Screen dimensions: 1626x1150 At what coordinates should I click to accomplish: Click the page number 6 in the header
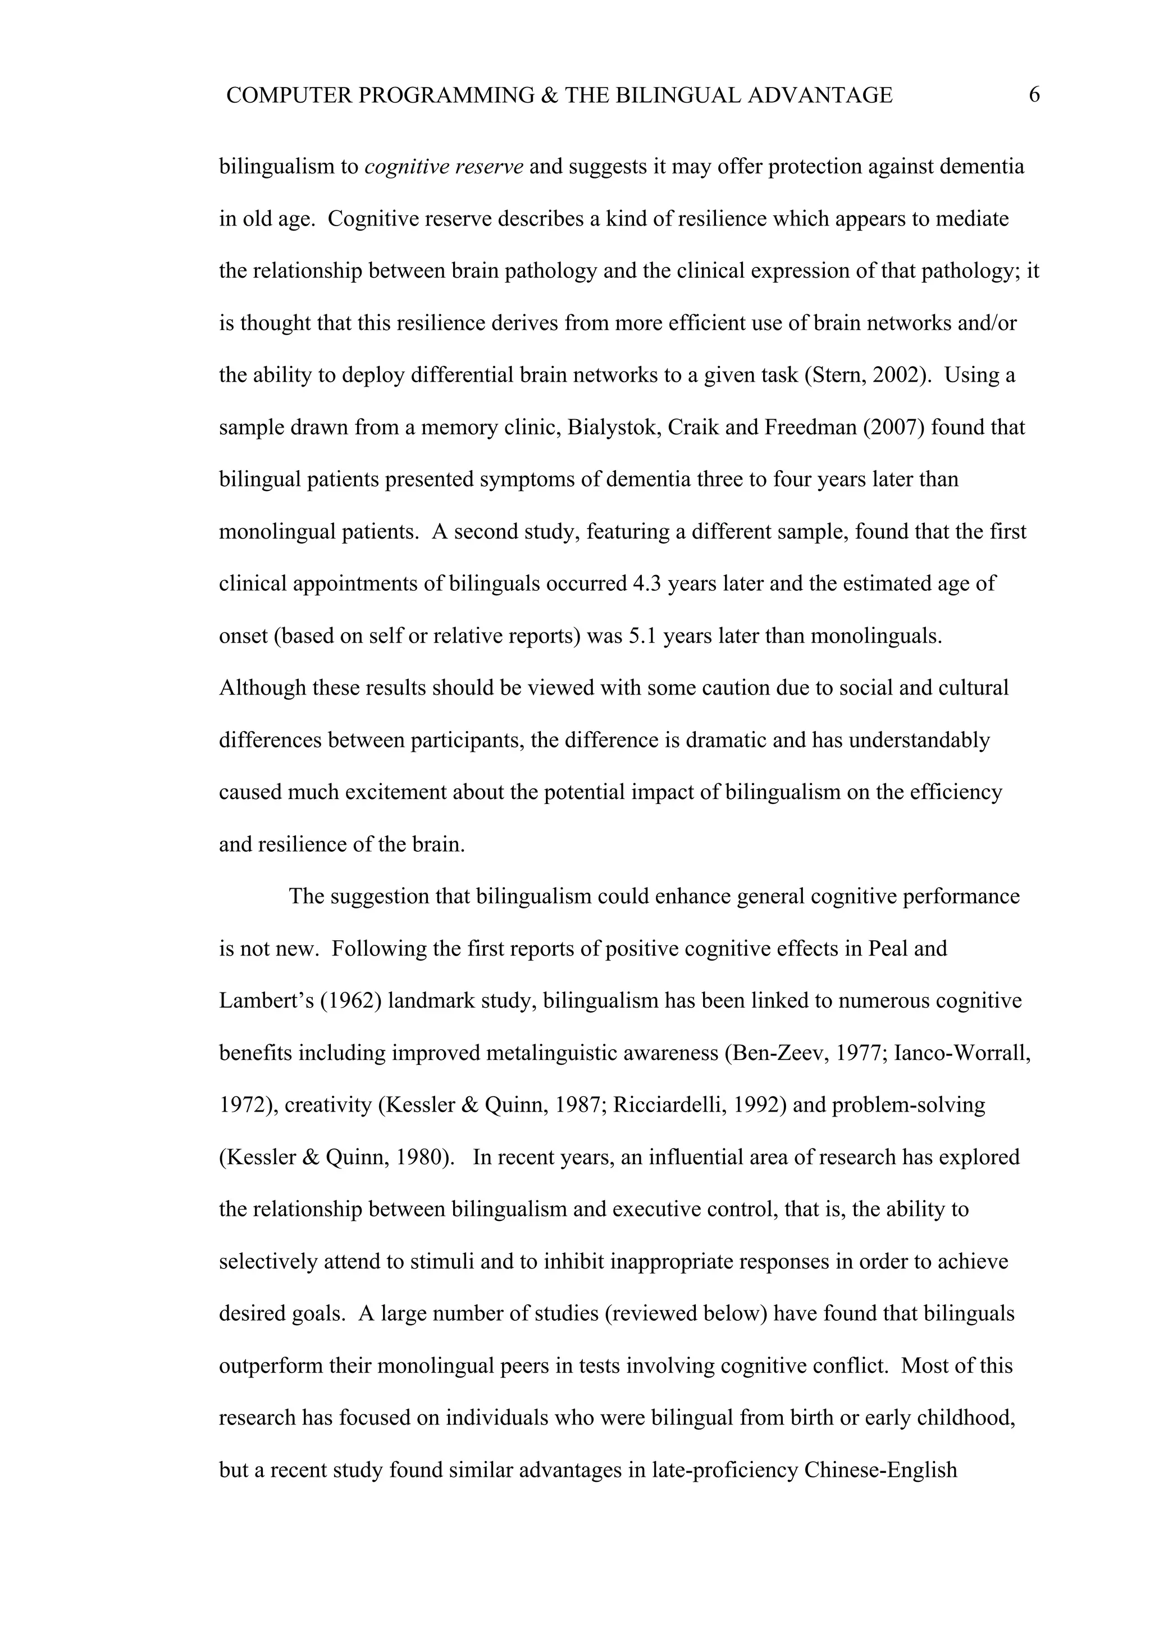(x=1034, y=95)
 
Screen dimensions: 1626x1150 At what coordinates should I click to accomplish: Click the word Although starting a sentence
(x=262, y=688)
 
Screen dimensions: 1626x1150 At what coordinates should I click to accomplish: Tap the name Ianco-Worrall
(x=961, y=1053)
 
